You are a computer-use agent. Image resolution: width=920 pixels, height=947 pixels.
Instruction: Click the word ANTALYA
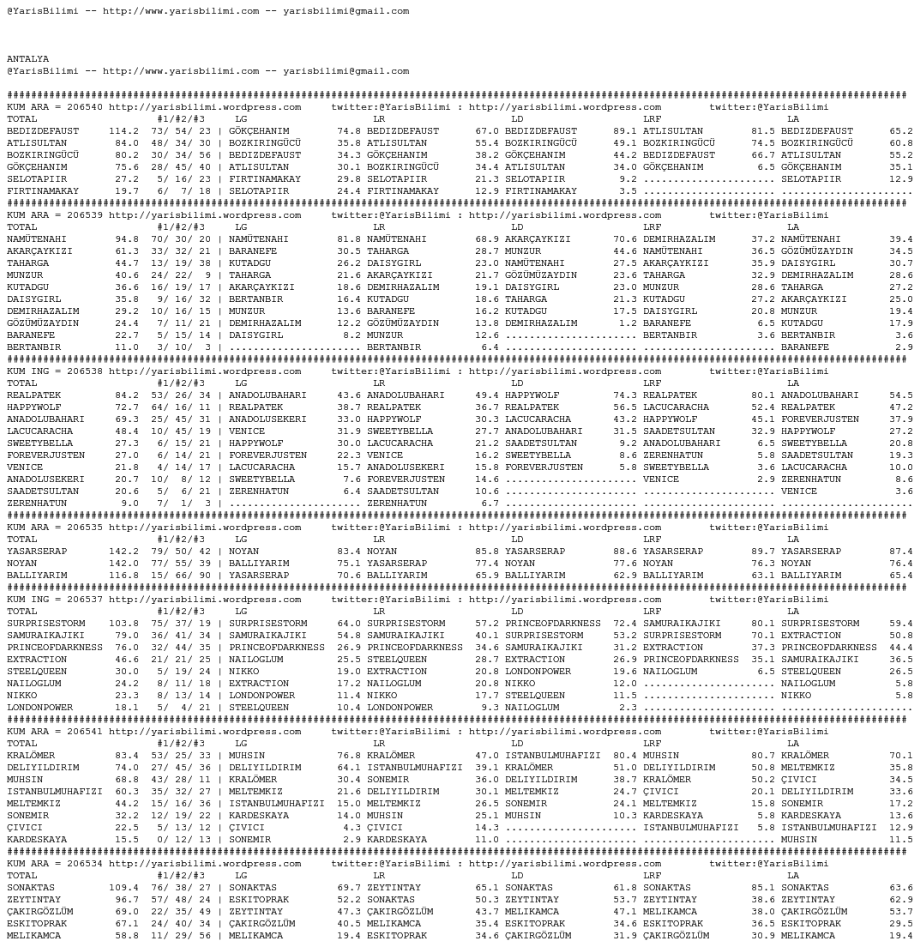click(27, 59)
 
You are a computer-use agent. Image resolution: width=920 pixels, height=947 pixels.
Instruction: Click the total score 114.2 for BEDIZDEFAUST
click(123, 131)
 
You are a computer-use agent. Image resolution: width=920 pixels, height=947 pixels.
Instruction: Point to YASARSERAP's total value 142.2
click(123, 552)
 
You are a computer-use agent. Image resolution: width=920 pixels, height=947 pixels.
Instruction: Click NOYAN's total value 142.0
click(123, 564)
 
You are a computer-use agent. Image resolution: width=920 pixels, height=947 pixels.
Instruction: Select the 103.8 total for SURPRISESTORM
click(123, 624)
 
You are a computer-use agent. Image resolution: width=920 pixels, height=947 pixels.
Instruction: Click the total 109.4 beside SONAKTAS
click(123, 888)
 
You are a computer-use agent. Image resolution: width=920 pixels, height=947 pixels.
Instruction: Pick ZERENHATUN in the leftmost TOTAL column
click(37, 504)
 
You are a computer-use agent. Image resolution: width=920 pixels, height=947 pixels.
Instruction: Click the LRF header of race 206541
click(652, 744)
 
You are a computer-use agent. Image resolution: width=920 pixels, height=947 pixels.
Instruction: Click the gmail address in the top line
click(346, 11)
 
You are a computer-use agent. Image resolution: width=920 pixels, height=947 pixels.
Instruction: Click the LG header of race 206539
click(241, 227)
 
